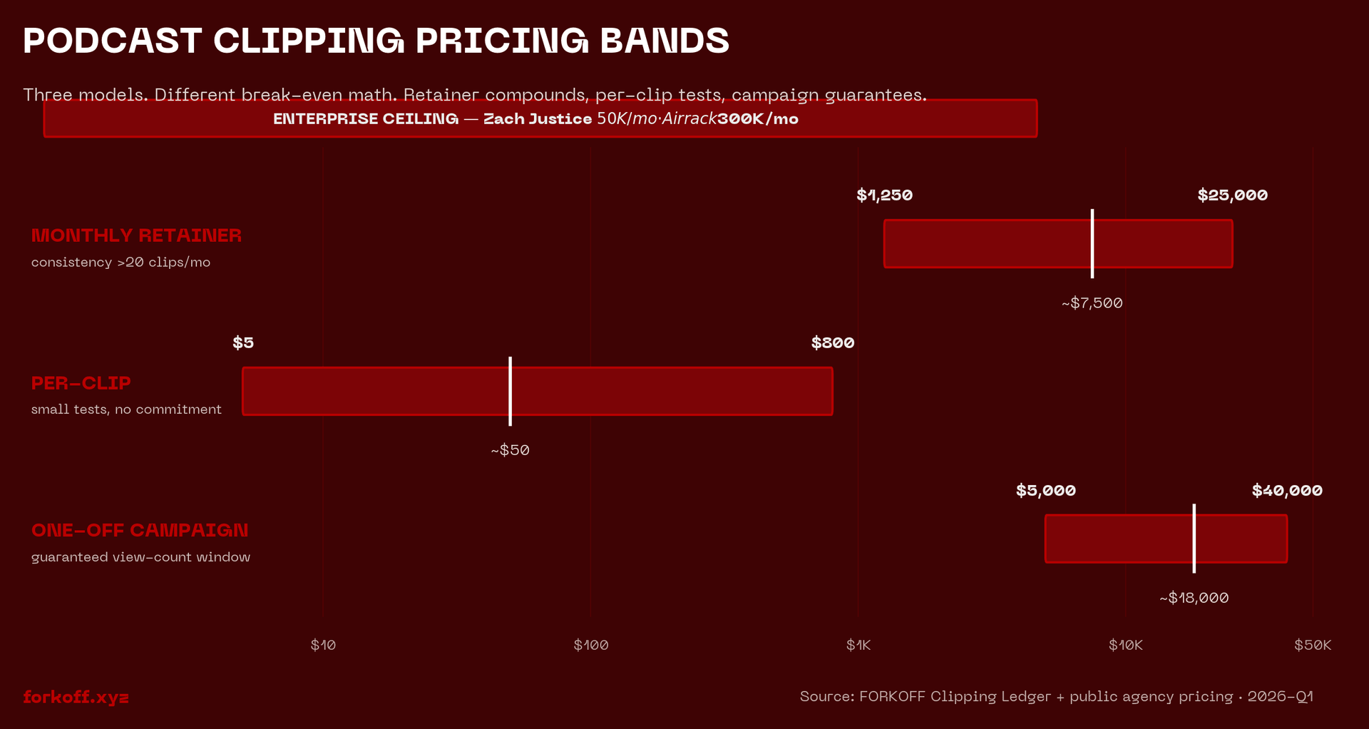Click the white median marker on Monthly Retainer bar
pyautogui.click(x=1092, y=244)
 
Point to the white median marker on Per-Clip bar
pyautogui.click(x=510, y=391)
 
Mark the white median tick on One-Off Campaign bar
pyautogui.click(x=1194, y=539)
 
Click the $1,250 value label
pyautogui.click(x=884, y=195)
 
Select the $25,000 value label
pyautogui.click(x=1232, y=195)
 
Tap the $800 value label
pyautogui.click(x=832, y=343)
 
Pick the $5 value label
pyautogui.click(x=243, y=343)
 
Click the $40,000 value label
pyautogui.click(x=1287, y=491)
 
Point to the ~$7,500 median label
pyautogui.click(x=1092, y=303)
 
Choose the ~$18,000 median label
pyautogui.click(x=1194, y=598)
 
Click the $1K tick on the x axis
pyautogui.click(x=858, y=646)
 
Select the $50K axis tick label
pyautogui.click(x=1312, y=646)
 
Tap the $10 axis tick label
pyautogui.click(x=323, y=646)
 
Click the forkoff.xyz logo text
pyautogui.click(x=76, y=697)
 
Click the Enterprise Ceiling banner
pyautogui.click(x=540, y=118)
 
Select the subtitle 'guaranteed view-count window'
pyautogui.click(x=140, y=557)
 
